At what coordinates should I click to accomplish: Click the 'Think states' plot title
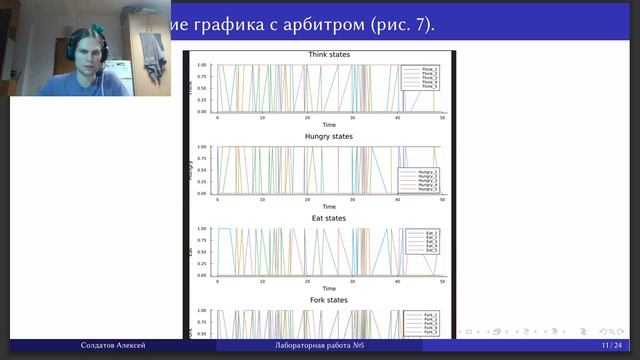point(328,54)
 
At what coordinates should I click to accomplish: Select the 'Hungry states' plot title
point(328,136)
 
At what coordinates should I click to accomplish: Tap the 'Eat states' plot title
point(328,217)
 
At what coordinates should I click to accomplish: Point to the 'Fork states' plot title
point(328,299)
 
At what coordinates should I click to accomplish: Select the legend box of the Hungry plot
point(418,180)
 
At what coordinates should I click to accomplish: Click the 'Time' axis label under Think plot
point(328,125)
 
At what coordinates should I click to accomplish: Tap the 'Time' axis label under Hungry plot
point(328,207)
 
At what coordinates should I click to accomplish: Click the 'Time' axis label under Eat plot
point(328,288)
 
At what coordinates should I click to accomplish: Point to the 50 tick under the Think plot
point(441,118)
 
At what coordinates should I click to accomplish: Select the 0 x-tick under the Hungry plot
point(217,200)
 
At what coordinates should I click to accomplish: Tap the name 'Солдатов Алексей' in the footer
point(113,345)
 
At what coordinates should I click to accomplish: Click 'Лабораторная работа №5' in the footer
point(320,345)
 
